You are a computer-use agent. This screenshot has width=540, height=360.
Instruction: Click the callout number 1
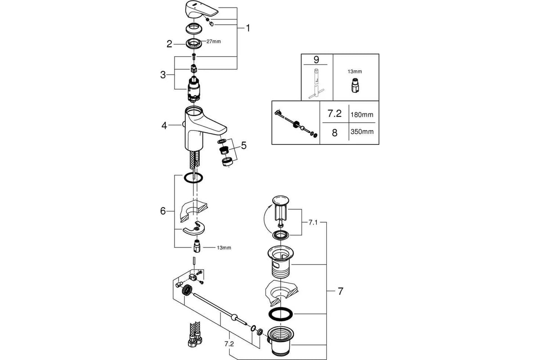[x=247, y=28]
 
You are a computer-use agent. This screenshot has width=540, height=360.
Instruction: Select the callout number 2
[x=169, y=44]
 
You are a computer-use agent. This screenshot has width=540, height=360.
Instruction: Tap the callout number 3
[x=163, y=75]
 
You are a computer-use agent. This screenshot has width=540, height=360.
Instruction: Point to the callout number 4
[x=164, y=126]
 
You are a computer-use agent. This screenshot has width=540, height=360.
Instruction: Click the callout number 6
[x=163, y=211]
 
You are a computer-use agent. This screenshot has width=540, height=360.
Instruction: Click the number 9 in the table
[x=316, y=59]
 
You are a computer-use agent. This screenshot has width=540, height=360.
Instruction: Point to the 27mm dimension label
[x=214, y=41]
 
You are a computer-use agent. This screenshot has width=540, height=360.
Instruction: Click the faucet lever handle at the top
[x=200, y=10]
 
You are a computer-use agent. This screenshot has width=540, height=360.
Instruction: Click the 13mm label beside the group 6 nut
[x=223, y=247]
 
